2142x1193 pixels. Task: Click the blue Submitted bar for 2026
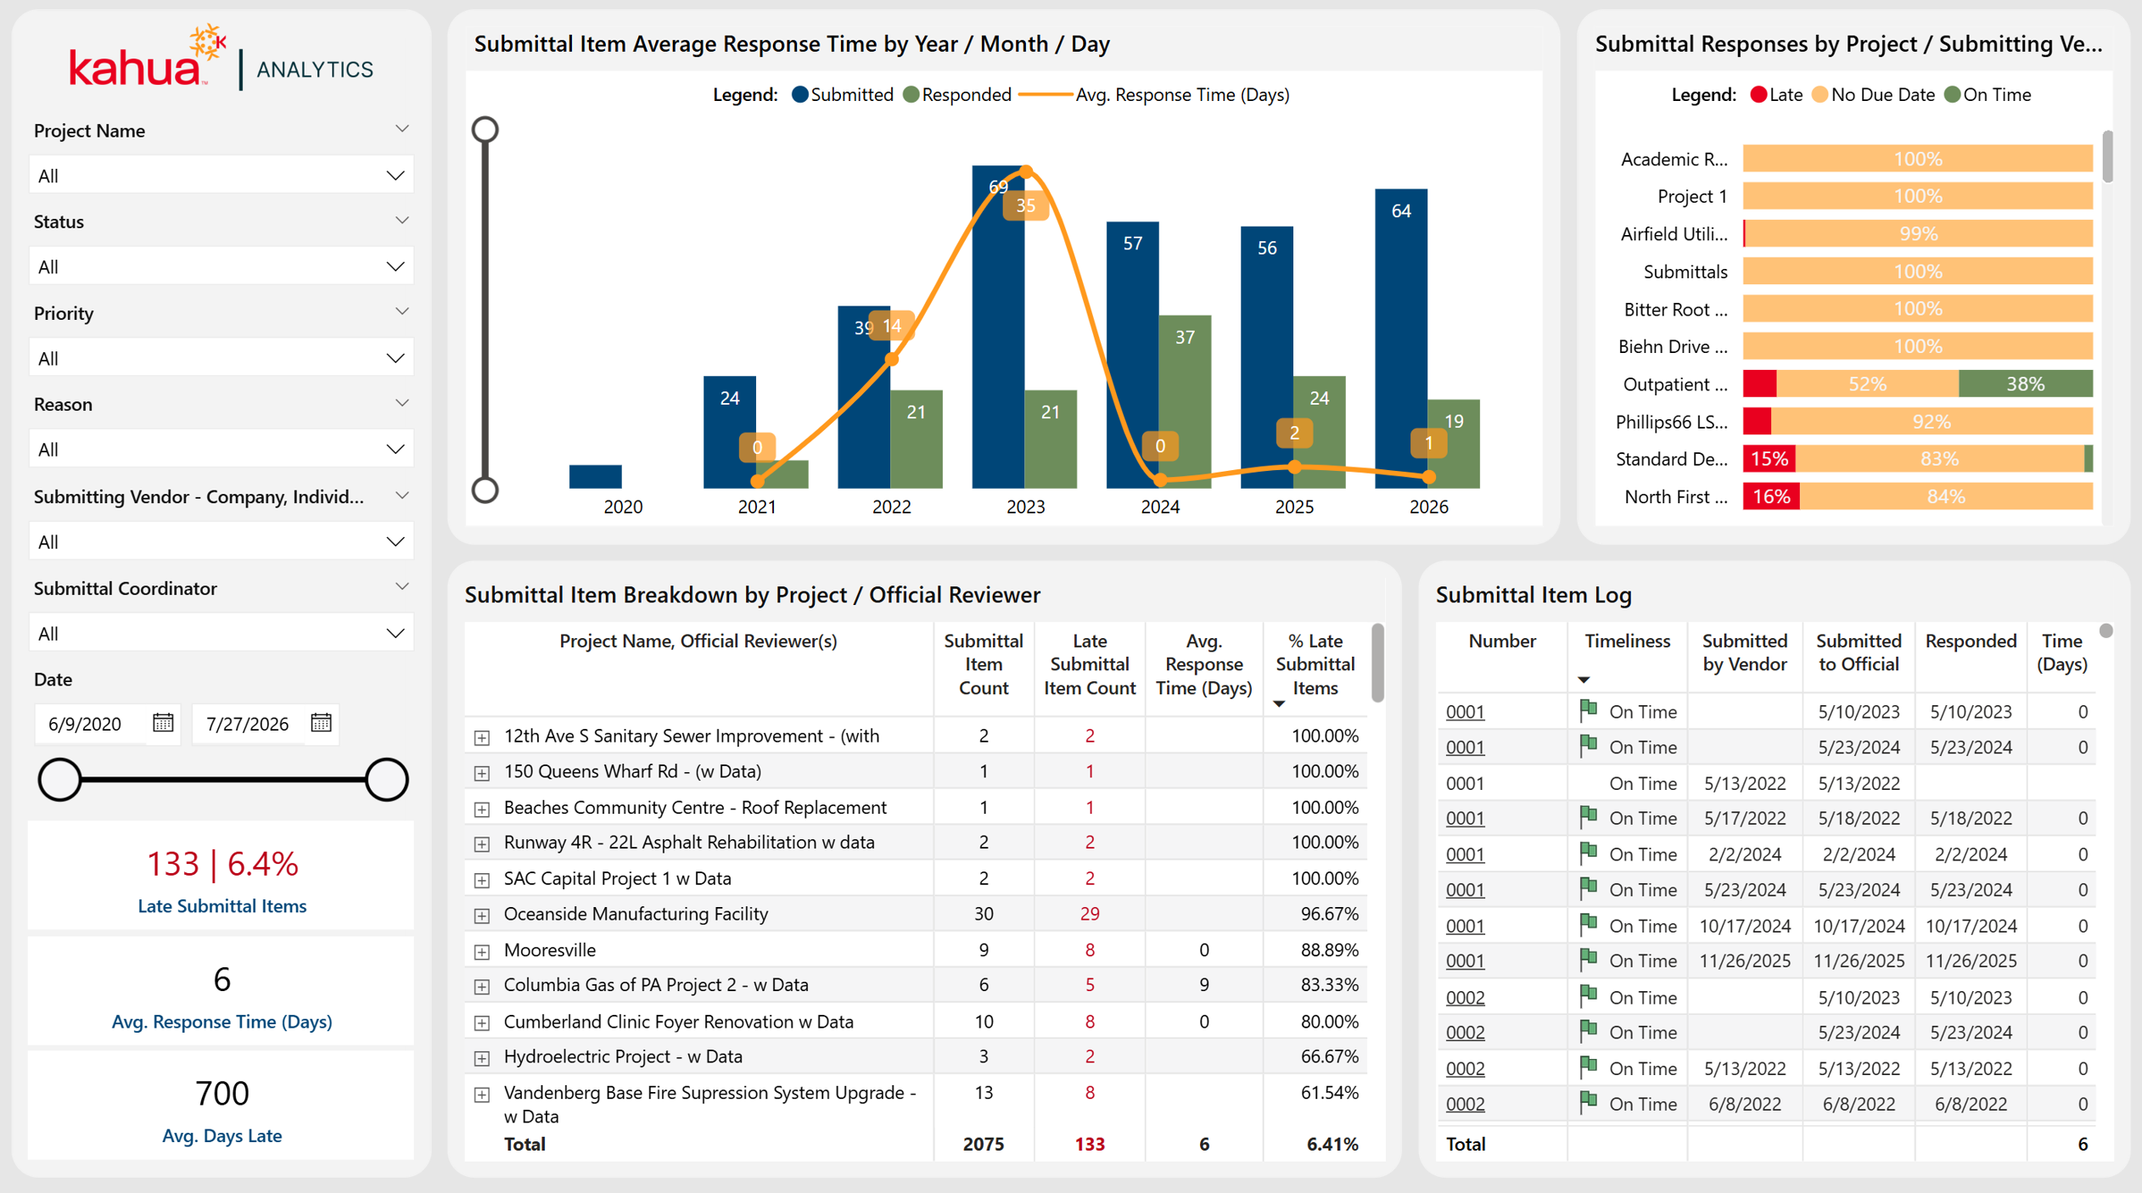(x=1401, y=339)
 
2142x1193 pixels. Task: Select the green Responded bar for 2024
(x=1185, y=402)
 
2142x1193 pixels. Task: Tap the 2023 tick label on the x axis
(x=1025, y=507)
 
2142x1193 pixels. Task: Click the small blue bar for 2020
(x=595, y=477)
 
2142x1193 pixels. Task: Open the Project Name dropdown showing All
(x=221, y=176)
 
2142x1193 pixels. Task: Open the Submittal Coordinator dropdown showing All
(x=221, y=633)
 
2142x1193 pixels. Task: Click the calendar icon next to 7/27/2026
(x=321, y=723)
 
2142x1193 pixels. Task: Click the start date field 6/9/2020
(x=85, y=724)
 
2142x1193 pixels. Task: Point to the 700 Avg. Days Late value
(x=222, y=1093)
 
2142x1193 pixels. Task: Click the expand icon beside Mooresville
(x=482, y=951)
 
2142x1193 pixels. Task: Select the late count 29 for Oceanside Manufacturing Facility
(x=1090, y=914)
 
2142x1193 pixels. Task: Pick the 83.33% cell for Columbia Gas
(x=1330, y=985)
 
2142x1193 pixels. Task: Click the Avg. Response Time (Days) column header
(x=1203, y=664)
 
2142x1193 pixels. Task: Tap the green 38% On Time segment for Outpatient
(x=2025, y=384)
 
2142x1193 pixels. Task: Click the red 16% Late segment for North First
(x=1771, y=496)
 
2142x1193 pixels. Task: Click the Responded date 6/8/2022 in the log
(x=1971, y=1104)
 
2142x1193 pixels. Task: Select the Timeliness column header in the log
(x=1627, y=641)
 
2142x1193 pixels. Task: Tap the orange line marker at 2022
(x=891, y=360)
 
